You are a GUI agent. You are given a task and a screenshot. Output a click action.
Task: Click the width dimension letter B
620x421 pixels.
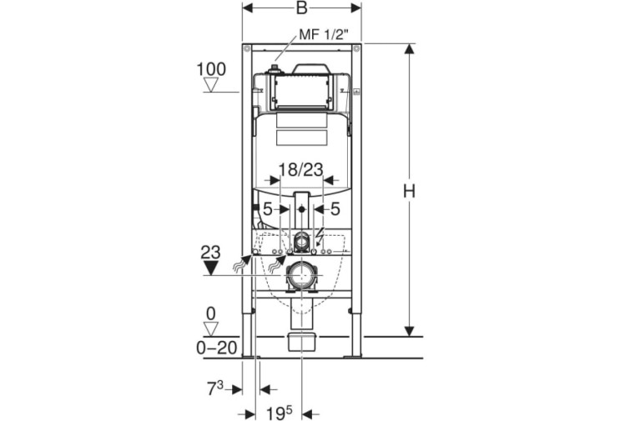(302, 8)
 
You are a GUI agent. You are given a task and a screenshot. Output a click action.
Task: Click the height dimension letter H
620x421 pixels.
(409, 191)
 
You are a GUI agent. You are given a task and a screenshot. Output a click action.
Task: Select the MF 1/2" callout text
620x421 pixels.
(324, 34)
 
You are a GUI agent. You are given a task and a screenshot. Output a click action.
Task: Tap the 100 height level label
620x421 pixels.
(212, 69)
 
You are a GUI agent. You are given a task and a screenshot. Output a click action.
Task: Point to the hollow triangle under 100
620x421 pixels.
(211, 85)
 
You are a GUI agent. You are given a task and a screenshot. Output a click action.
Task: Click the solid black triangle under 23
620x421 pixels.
(211, 268)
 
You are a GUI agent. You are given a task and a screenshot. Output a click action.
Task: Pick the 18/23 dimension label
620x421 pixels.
(301, 170)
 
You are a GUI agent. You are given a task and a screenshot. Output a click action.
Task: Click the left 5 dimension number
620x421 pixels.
(268, 209)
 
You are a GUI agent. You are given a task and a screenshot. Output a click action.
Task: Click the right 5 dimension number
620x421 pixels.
(335, 209)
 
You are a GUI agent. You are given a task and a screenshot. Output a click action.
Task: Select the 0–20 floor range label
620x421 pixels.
(217, 348)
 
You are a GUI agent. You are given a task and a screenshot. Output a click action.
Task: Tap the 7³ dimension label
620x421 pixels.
(215, 388)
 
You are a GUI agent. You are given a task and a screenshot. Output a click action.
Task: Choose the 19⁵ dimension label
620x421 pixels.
(280, 413)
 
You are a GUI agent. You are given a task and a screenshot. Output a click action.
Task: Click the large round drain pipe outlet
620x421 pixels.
(302, 275)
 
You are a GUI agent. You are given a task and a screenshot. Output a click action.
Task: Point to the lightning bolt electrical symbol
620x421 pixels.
(320, 237)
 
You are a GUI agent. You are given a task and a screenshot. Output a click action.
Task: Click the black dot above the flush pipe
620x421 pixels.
(302, 209)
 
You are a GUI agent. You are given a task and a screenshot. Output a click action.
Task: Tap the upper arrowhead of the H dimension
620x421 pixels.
(409, 49)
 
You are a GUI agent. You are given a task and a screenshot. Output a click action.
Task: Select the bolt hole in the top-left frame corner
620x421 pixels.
(247, 48)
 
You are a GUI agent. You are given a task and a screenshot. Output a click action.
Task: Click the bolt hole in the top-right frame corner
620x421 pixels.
(356, 48)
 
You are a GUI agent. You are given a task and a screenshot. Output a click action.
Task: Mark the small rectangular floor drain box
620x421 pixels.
(302, 342)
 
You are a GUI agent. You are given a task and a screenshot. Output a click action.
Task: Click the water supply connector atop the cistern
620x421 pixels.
(273, 70)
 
